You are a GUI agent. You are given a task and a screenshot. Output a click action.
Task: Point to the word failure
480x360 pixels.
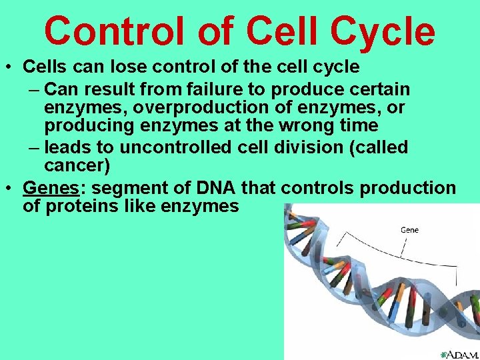click(220, 89)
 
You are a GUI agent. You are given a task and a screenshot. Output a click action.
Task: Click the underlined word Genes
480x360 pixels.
click(49, 188)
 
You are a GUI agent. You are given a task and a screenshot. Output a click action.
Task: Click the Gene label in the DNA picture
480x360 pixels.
click(409, 230)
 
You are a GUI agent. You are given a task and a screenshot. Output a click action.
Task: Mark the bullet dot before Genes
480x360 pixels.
click(9, 189)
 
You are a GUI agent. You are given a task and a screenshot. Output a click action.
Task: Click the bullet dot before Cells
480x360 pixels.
click(9, 67)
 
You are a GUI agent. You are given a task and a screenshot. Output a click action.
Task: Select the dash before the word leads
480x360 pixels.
click(34, 147)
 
